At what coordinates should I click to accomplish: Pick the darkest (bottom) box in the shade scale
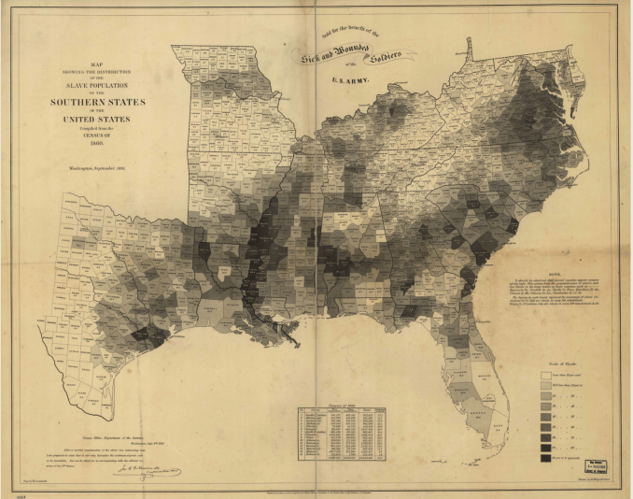(x=548, y=458)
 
